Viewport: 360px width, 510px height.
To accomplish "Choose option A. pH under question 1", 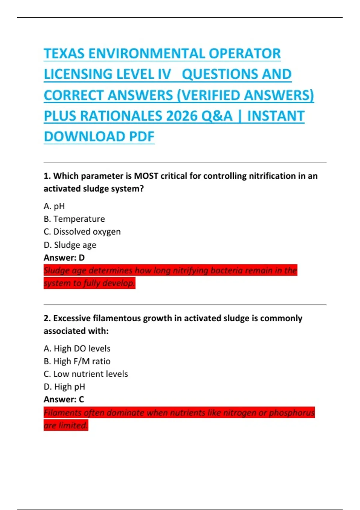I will coord(54,206).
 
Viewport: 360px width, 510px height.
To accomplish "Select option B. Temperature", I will coord(74,219).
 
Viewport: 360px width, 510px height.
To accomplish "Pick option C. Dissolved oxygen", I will coord(82,232).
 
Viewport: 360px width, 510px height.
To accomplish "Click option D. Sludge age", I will coord(70,245).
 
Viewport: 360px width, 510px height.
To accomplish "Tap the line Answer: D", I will coord(64,258).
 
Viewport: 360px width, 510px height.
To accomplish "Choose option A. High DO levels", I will coord(77,349).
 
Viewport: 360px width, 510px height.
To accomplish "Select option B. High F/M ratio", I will coord(77,361).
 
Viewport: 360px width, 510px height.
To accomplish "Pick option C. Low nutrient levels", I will coord(86,374).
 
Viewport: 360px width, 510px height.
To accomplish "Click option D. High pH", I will coord(64,387).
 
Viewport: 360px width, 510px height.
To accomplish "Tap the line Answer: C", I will coord(64,400).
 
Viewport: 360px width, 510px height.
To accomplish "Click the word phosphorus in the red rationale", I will coord(292,413).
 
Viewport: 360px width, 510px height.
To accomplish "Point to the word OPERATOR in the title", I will coord(244,54).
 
